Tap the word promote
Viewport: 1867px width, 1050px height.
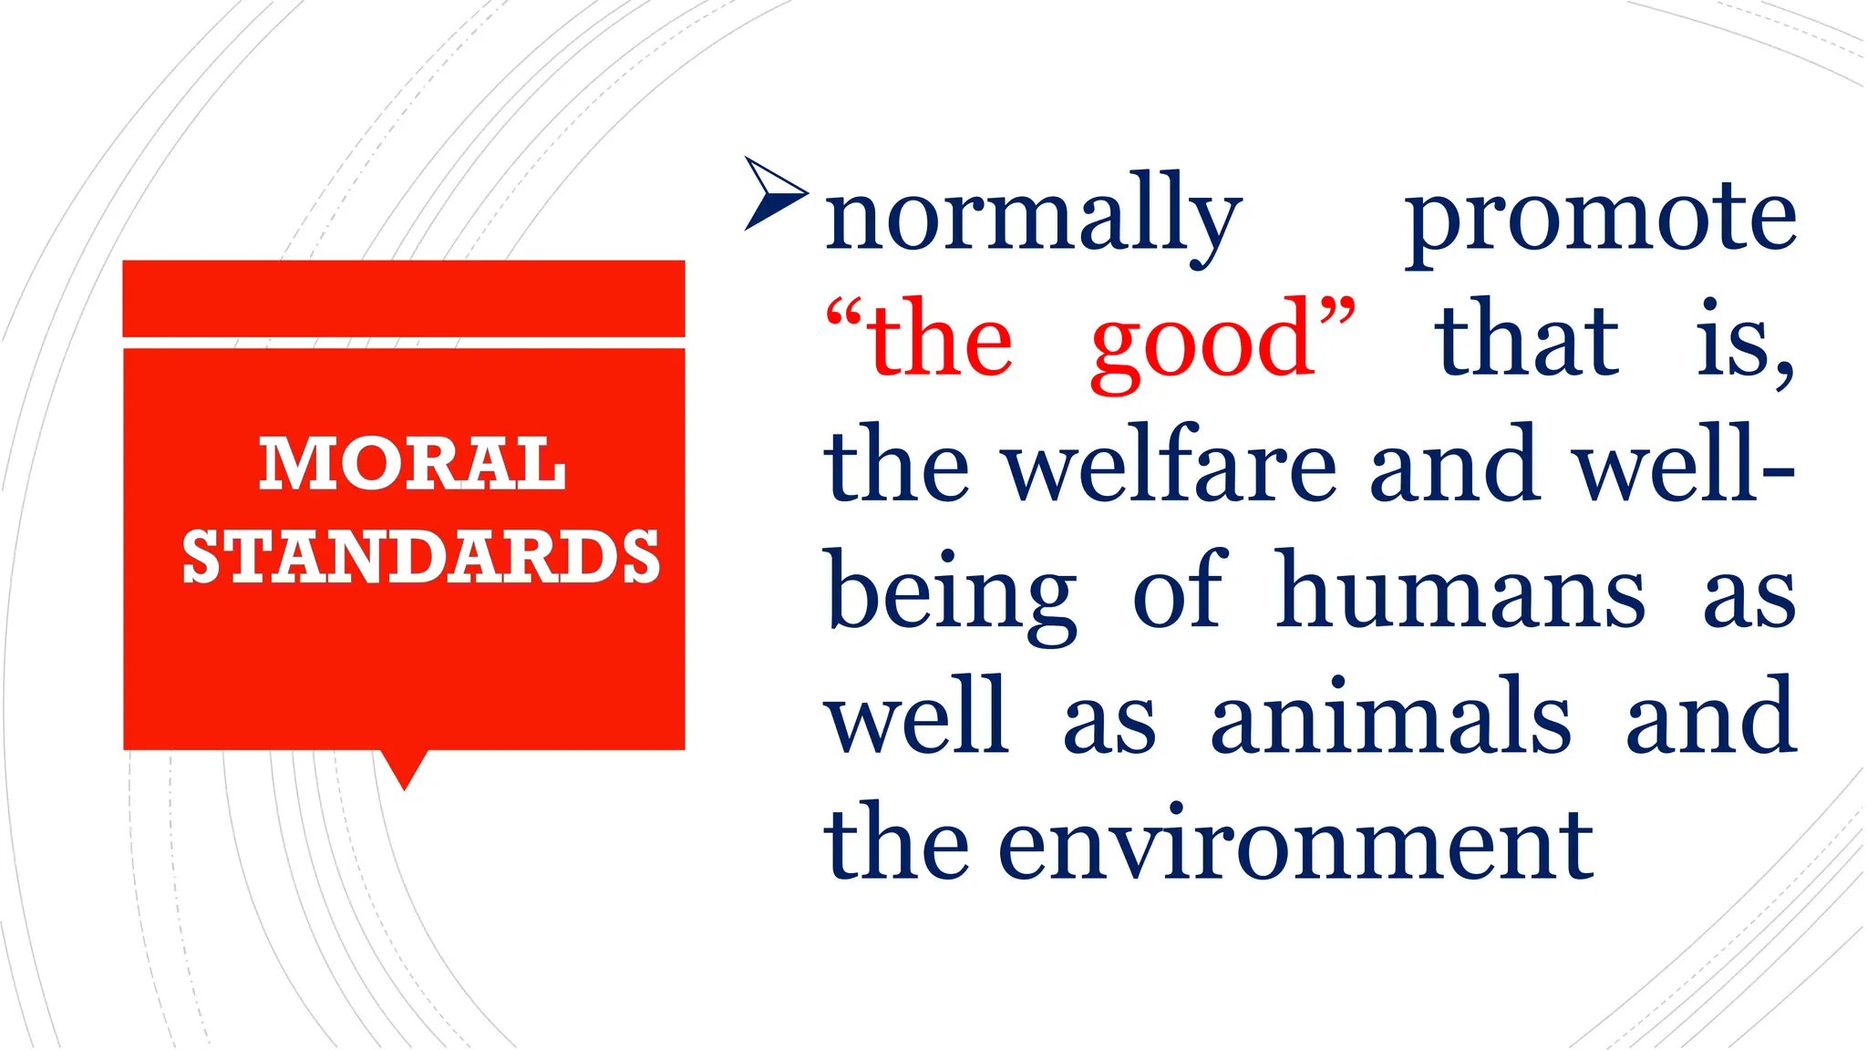coord(1601,219)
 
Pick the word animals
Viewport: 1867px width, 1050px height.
coord(1390,717)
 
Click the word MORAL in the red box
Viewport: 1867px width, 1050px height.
coord(412,463)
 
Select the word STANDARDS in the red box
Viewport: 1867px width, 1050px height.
coord(421,556)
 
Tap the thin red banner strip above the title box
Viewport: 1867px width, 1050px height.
coord(404,298)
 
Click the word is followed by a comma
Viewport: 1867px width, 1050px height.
coord(1744,341)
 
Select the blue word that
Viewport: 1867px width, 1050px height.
coord(1527,341)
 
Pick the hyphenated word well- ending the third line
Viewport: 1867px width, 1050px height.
coord(1686,466)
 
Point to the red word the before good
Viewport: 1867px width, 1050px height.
coord(939,341)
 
